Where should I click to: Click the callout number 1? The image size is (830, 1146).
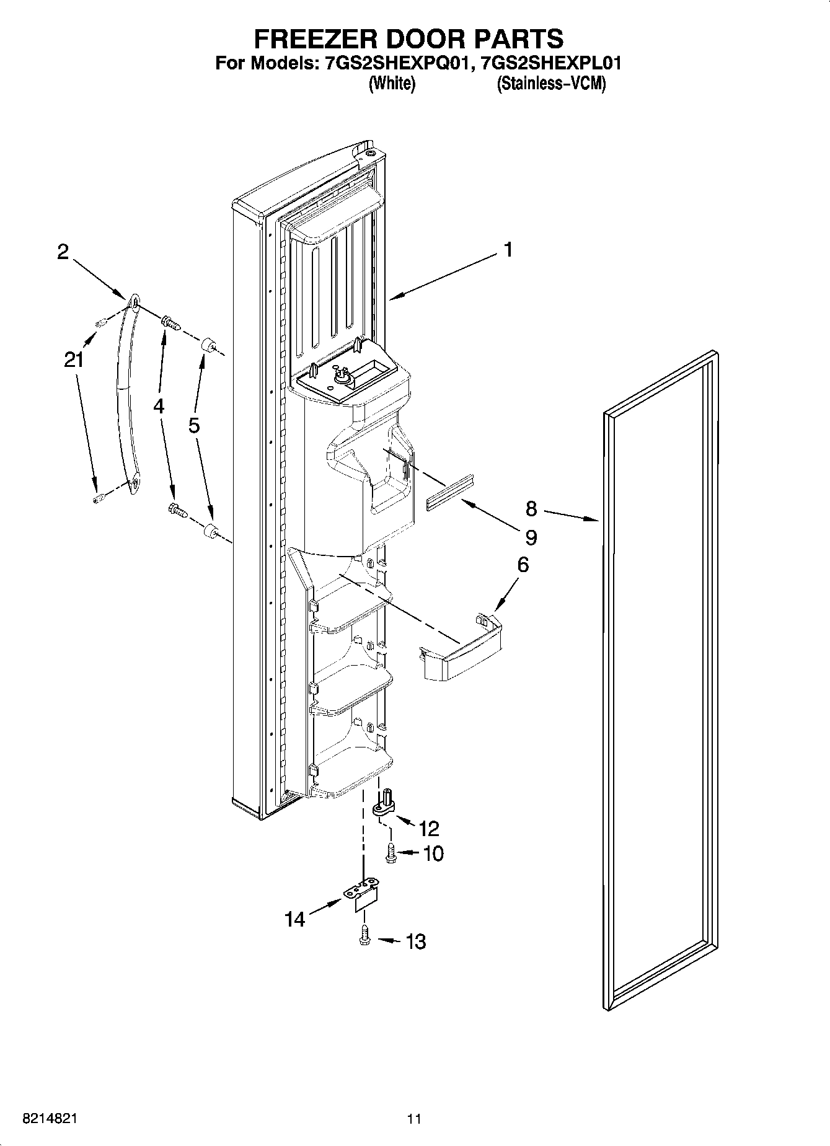coord(508,250)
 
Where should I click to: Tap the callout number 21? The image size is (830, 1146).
coord(74,359)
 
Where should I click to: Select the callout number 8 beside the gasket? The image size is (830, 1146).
coord(531,509)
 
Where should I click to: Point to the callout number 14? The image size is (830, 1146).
coord(295,919)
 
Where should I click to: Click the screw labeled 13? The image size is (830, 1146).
coord(364,940)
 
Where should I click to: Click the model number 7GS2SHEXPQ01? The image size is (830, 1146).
coord(394,63)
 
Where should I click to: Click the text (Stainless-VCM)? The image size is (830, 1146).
coord(550,84)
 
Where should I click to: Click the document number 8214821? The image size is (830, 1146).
coord(50,1119)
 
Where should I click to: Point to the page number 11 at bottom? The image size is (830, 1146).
coord(414,1119)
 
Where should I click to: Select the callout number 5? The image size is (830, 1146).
coord(195,426)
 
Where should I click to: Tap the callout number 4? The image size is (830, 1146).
coord(159,406)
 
